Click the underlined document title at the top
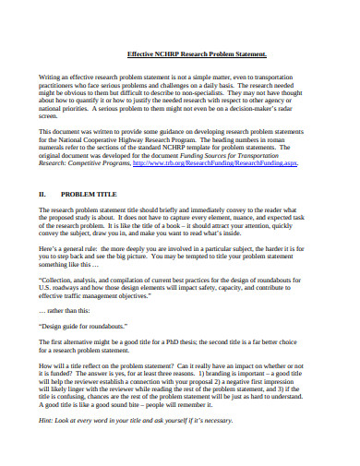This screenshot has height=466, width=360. click(x=196, y=54)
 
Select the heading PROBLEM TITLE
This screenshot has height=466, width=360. click(x=90, y=195)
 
